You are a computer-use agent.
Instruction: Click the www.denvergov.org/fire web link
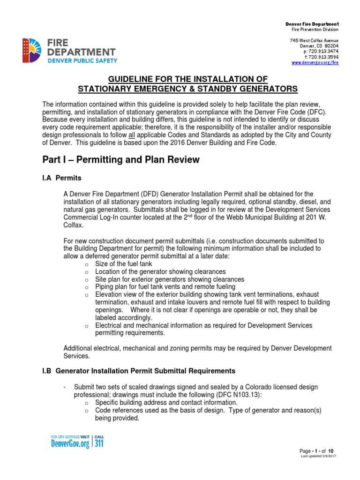click(315, 62)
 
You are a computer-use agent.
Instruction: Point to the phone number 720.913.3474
click(321, 51)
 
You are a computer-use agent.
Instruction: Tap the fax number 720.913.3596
click(321, 57)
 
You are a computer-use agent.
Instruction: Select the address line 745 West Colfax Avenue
click(314, 40)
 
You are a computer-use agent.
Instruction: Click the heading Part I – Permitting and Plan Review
click(121, 160)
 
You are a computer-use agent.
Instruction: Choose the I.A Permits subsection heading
click(62, 179)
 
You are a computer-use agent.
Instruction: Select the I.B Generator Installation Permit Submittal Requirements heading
click(139, 371)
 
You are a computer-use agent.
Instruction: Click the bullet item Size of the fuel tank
click(124, 264)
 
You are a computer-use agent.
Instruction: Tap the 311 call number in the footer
click(99, 443)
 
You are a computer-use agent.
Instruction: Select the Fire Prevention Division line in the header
click(315, 30)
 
